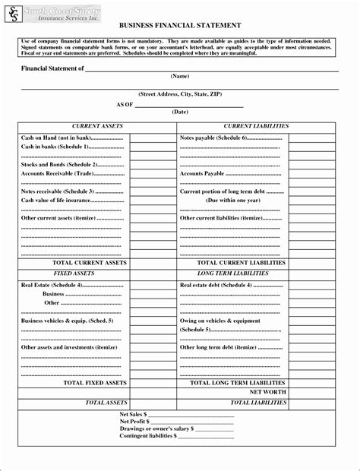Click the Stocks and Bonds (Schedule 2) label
click(71, 164)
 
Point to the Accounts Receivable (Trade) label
click(72, 174)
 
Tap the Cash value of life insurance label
click(71, 200)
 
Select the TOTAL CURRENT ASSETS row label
click(94, 262)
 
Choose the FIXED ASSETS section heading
click(74, 273)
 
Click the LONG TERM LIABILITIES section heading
click(232, 273)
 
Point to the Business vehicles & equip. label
click(67, 321)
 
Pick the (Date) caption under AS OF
click(180, 112)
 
